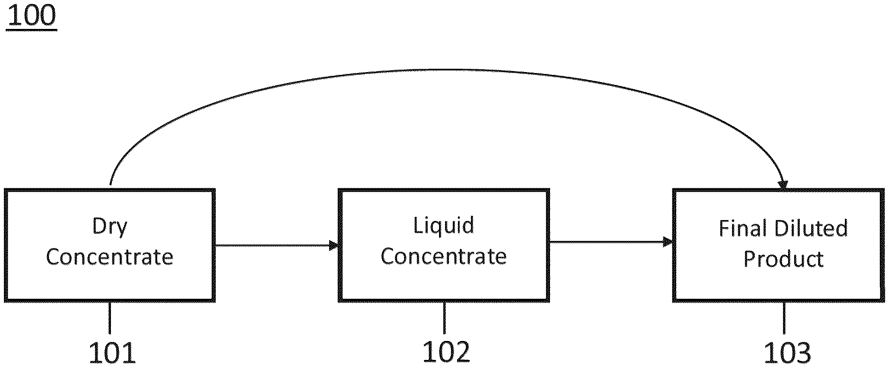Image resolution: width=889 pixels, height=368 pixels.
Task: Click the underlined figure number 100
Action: pos(32,16)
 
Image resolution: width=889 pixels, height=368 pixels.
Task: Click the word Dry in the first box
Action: pos(110,227)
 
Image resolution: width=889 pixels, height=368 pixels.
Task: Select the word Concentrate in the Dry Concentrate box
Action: pos(110,257)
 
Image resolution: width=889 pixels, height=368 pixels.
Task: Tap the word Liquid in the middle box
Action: pos(443,226)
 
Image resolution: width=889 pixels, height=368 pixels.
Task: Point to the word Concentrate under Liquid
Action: pos(443,257)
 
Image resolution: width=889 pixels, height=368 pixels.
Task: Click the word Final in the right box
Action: pos(743,229)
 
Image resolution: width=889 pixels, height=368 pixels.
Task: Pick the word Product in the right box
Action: pos(783,259)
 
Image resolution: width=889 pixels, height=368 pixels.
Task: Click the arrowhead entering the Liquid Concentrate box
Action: pos(334,245)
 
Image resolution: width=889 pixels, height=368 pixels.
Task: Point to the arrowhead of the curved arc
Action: pos(782,185)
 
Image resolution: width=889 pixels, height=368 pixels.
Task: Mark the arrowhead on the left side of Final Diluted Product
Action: pos(669,242)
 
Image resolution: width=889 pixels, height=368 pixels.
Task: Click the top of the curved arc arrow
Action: pos(446,71)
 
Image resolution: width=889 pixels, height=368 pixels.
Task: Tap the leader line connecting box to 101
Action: pos(110,318)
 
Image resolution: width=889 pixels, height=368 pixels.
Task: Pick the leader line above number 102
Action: pos(444,318)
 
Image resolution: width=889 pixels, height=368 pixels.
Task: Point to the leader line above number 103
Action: pos(784,318)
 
